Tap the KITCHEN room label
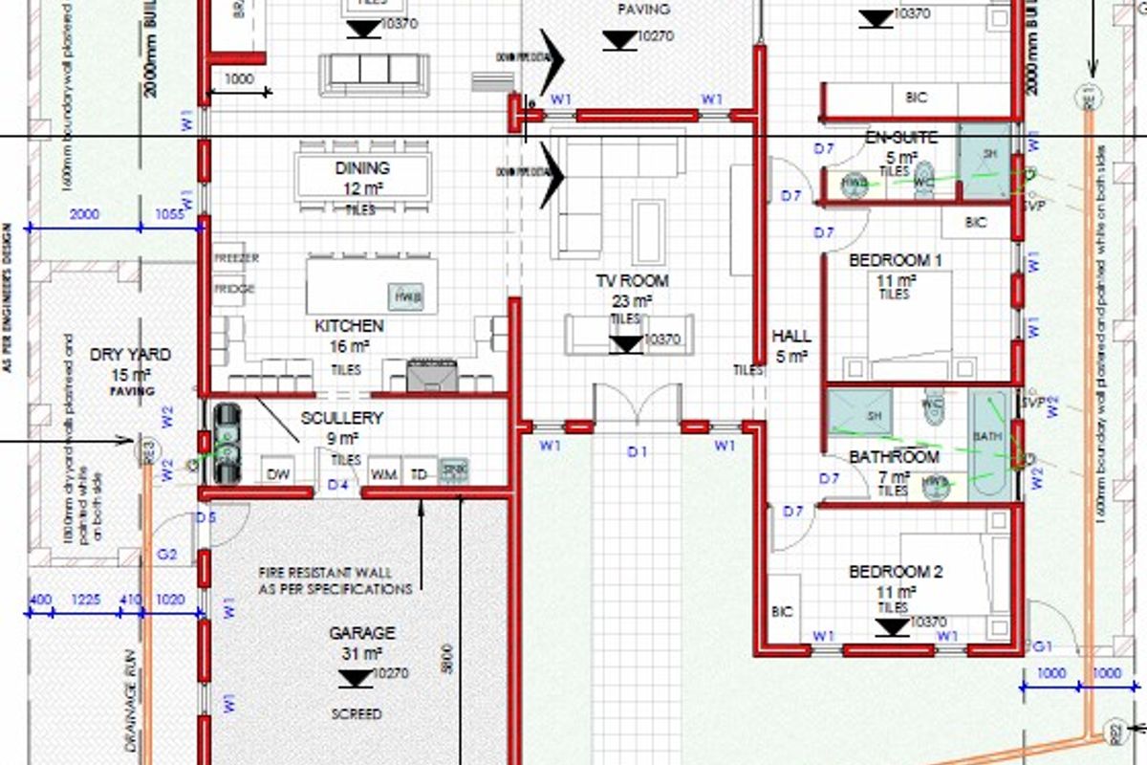[349, 327]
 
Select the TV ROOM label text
[633, 281]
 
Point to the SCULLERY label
[341, 418]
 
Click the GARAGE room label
[362, 633]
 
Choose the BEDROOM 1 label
[896, 260]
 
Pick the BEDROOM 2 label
[896, 572]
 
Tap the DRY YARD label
[130, 355]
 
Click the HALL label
[791, 337]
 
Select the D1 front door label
[638, 450]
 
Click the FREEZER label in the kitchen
[236, 258]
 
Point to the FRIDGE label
[234, 289]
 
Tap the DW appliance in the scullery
[278, 473]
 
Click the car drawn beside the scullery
[227, 444]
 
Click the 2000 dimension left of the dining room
[85, 215]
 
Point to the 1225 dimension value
[86, 600]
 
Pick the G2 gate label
[167, 554]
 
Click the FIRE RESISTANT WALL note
[335, 580]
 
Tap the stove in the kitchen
[430, 374]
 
